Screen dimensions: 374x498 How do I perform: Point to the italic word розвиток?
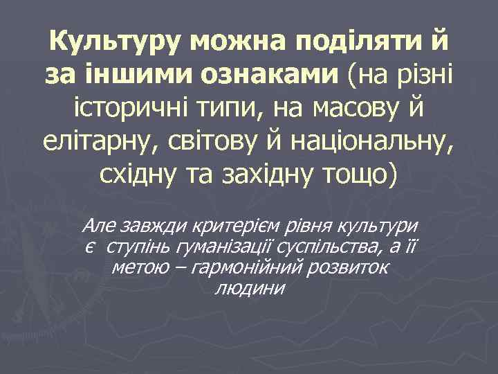355,267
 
